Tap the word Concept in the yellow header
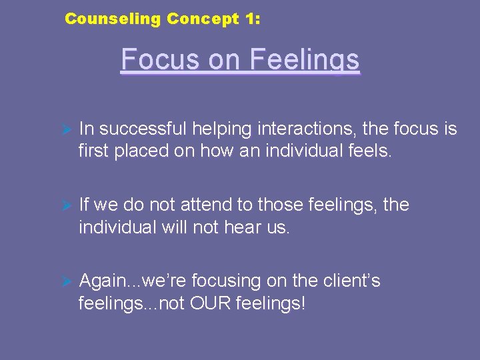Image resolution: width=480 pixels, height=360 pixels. pos(202,19)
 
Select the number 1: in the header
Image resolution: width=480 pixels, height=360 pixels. pos(253,19)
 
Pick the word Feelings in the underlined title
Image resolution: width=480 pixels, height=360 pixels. pos(305,60)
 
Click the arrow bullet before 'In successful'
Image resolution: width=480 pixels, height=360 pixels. pos(66,129)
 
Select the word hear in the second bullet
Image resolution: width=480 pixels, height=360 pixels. pos(245,227)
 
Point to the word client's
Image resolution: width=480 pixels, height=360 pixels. pos(350,281)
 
